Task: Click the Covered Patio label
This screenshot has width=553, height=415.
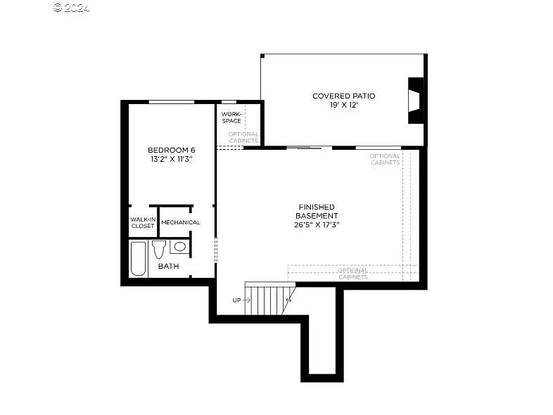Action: [343, 96]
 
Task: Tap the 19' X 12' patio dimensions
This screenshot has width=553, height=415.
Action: [343, 105]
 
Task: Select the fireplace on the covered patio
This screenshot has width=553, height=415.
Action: [416, 100]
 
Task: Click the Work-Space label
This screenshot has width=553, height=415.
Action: [231, 117]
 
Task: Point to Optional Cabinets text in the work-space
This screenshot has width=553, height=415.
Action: [243, 137]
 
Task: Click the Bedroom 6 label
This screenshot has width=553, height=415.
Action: [171, 150]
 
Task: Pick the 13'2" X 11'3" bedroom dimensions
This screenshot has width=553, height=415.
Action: [171, 160]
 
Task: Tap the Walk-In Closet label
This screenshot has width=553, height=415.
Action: [142, 222]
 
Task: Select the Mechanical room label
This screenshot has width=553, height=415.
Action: [181, 222]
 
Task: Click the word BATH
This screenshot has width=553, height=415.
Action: [168, 266]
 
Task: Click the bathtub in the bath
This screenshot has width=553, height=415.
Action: [139, 258]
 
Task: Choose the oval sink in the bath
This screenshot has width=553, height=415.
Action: [179, 246]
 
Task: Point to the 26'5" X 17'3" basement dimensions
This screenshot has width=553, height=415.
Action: [317, 225]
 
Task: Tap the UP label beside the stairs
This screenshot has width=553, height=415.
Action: [236, 300]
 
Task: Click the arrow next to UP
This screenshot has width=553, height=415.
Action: [247, 300]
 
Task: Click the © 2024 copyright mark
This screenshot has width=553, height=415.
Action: [72, 8]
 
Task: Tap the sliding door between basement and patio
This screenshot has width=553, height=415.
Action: [309, 148]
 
